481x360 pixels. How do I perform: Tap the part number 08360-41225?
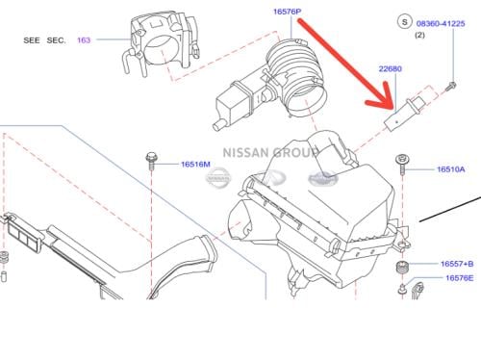(441, 18)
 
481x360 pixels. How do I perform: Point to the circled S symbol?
(402, 19)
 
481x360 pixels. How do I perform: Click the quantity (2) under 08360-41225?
(419, 34)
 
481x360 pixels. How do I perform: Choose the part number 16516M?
(194, 165)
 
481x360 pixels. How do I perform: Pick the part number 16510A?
(450, 168)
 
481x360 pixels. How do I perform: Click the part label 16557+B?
(457, 263)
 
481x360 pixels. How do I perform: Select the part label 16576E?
(457, 278)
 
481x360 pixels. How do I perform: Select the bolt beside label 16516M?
(152, 163)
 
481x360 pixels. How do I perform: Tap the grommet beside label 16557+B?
(402, 265)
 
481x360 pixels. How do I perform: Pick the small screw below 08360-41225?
(449, 87)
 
